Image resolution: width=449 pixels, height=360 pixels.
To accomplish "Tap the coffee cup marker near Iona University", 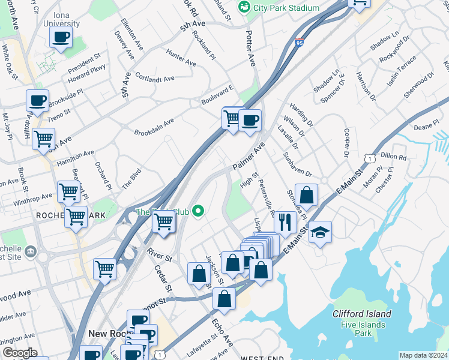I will click(x=61, y=38).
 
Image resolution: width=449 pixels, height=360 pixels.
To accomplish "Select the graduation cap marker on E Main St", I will click(x=321, y=232).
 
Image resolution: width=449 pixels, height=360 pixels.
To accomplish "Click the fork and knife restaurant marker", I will click(x=285, y=223).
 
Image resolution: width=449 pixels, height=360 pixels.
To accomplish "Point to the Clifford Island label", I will click(x=362, y=314).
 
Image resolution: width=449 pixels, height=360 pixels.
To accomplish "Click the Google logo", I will click(x=20, y=353).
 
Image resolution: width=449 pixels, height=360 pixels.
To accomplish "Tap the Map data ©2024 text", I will click(x=423, y=355).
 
